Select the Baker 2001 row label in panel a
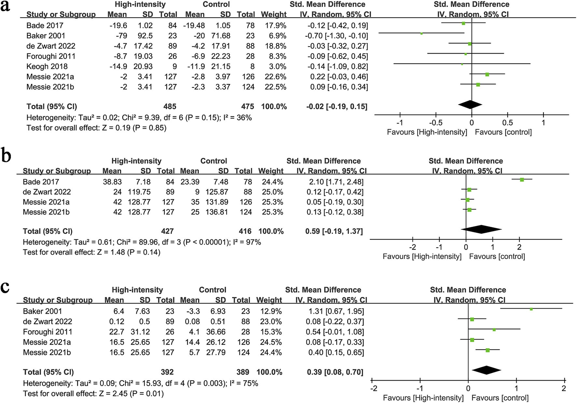tap(46, 36)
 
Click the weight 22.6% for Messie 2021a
tap(275, 77)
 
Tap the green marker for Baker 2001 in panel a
tap(421, 34)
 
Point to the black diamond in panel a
tap(470, 105)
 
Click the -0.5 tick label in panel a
tap(435, 123)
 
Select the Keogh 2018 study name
tap(47, 66)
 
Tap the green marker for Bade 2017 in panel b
tap(522, 180)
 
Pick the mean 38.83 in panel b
tap(112, 182)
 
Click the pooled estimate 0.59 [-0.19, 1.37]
tap(334, 231)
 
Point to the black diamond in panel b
tap(481, 229)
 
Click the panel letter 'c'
tap(5, 287)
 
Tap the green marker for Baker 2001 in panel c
tap(531, 309)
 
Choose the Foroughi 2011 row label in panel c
tap(48, 332)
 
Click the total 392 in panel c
tap(167, 372)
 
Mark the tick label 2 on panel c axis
tap(564, 388)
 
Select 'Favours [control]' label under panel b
tap(497, 257)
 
